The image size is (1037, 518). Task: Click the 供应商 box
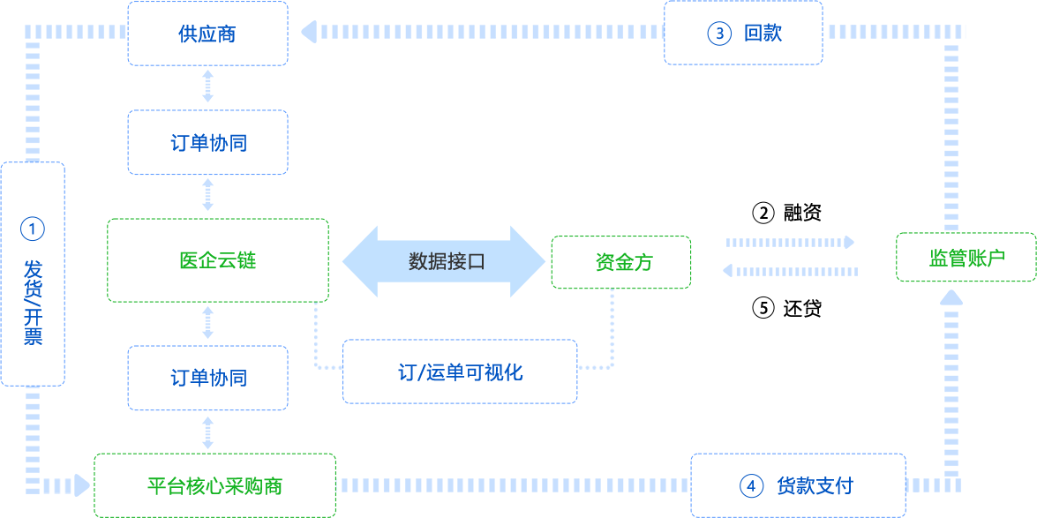click(207, 34)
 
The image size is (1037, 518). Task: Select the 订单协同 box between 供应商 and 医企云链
click(207, 142)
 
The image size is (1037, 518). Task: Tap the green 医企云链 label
click(217, 260)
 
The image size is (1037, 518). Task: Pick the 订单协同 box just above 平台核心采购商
click(207, 378)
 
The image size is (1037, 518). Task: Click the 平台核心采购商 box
click(214, 485)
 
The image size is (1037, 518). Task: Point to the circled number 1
click(32, 229)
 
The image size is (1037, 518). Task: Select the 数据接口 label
click(447, 261)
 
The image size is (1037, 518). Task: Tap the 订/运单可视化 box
click(460, 372)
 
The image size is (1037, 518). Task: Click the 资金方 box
click(621, 262)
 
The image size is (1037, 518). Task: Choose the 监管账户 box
click(966, 258)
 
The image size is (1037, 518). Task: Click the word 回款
click(763, 34)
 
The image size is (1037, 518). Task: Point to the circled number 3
click(719, 34)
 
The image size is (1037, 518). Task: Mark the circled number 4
click(750, 485)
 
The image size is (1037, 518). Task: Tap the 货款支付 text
click(815, 485)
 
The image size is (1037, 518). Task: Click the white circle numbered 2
click(763, 213)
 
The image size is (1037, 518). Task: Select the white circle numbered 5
click(763, 307)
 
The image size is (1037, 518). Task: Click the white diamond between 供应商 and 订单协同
click(207, 87)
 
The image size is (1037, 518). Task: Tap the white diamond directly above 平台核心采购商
click(207, 432)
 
